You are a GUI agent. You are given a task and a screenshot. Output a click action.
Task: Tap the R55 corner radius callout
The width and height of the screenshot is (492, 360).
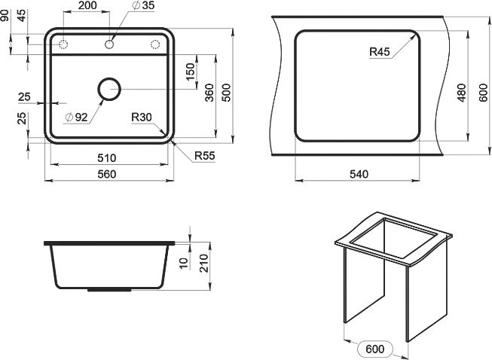(x=204, y=156)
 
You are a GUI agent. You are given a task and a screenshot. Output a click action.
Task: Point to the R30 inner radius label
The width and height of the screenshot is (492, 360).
(x=141, y=117)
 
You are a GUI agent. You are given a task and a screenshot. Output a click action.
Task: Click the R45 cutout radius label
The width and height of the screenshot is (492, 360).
(x=379, y=52)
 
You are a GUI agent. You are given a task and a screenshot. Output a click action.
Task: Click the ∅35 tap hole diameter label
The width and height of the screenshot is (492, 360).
(x=143, y=6)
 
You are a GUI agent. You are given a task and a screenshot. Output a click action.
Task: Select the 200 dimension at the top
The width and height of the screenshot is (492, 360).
(x=87, y=6)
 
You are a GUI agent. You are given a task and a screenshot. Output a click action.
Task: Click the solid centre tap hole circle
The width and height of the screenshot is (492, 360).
(x=111, y=45)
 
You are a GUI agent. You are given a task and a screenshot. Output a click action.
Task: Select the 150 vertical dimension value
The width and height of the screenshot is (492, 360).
(x=191, y=72)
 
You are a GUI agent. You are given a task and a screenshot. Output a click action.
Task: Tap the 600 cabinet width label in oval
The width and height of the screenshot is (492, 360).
(x=374, y=349)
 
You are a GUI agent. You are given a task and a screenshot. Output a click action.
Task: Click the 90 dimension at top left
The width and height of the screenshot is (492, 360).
(x=5, y=15)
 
